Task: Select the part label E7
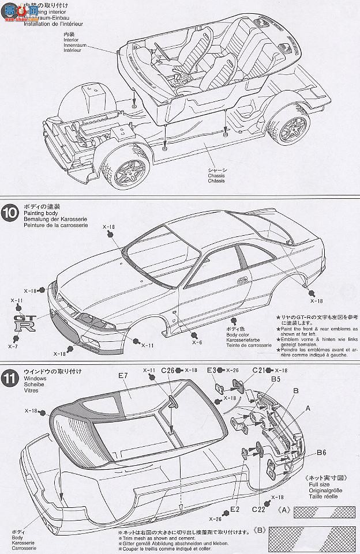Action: pos(123,375)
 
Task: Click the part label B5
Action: pos(276,379)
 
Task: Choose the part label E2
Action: pos(234,509)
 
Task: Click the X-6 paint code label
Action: pos(197,342)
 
